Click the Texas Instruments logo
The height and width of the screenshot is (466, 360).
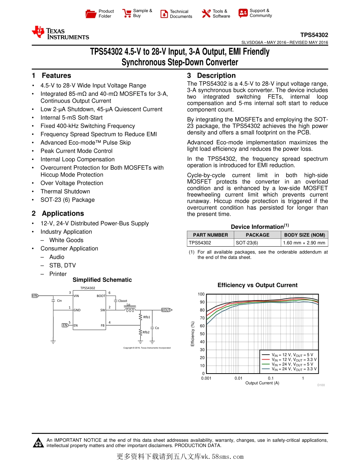pos(61,33)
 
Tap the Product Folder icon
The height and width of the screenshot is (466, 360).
pos(91,14)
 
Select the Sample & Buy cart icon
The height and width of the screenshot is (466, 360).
pos(127,14)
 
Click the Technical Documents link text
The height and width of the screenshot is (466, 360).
pos(181,14)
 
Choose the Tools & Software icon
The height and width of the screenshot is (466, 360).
pos(206,14)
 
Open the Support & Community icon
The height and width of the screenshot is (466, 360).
pos(243,13)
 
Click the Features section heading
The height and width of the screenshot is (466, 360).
pos(56,76)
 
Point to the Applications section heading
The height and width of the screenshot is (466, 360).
pos(63,214)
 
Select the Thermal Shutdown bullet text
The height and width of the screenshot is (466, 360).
pos(65,192)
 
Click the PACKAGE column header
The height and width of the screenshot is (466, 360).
pos(257,235)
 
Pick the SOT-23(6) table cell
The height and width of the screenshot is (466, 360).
pos(247,243)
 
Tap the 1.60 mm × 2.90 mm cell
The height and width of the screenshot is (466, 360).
pos(304,243)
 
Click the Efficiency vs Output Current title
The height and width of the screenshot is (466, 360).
pos(257,285)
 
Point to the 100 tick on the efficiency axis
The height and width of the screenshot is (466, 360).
pos(201,294)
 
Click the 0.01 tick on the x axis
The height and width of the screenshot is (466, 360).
pos(238,378)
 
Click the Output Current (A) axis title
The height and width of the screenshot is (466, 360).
pos(262,383)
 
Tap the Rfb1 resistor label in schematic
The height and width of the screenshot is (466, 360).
pos(147,317)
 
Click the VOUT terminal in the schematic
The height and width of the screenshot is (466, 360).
pos(166,310)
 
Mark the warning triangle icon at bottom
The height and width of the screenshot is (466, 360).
pos(38,443)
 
